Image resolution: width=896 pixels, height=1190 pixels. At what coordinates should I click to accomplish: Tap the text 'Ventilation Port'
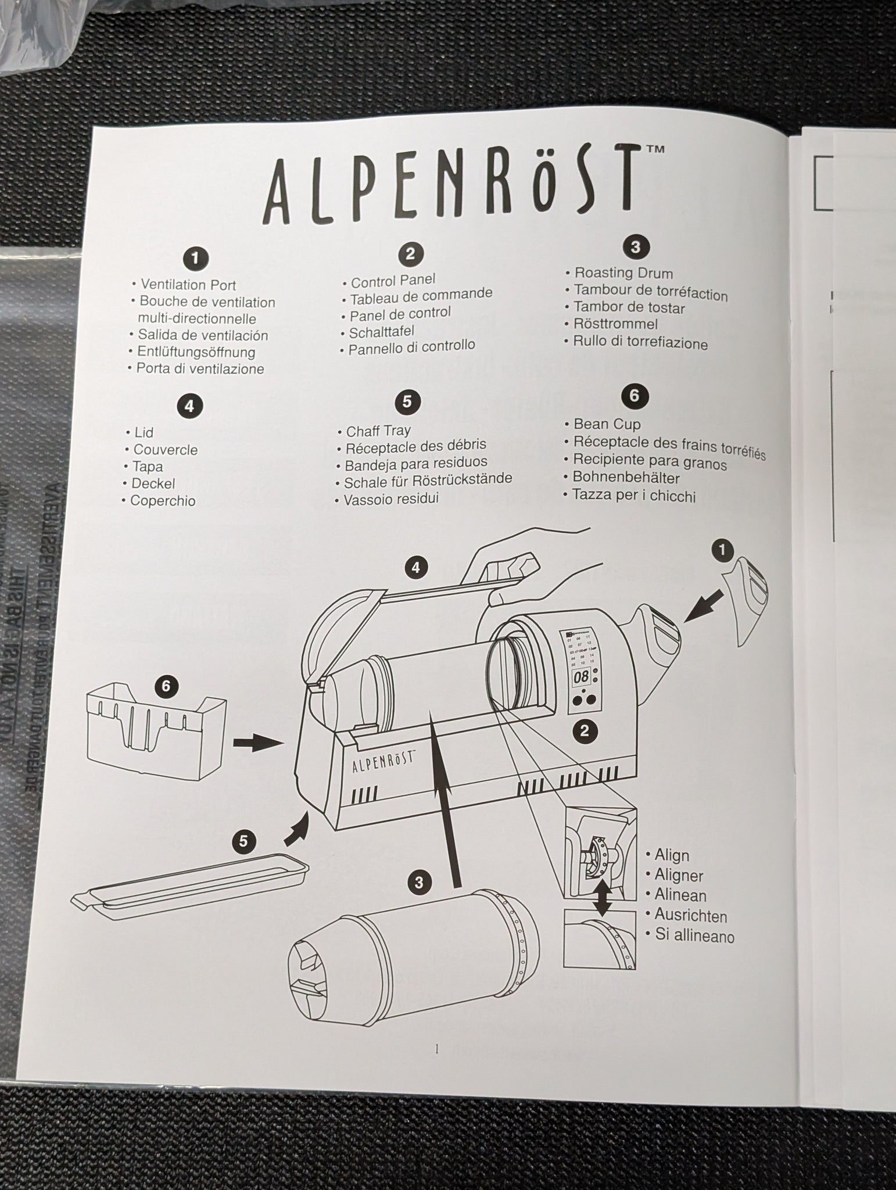click(x=188, y=285)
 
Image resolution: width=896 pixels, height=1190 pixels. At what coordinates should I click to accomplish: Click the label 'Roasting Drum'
click(x=623, y=273)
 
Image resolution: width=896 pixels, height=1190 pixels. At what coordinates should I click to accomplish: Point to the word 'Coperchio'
click(x=163, y=501)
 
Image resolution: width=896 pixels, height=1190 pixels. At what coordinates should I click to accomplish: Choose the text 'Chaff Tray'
click(x=378, y=431)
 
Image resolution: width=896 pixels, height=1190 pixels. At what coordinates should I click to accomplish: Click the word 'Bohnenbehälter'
click(x=626, y=478)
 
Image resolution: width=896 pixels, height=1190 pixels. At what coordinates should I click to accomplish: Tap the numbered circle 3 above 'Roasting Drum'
click(x=635, y=247)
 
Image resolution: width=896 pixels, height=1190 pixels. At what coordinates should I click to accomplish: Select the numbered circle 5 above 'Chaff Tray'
click(x=407, y=402)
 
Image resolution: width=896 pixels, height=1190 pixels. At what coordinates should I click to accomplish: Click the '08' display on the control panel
click(x=581, y=677)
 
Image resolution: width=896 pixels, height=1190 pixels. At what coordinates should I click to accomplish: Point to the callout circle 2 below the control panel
click(x=585, y=731)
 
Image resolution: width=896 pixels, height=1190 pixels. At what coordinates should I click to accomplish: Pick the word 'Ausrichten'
click(x=690, y=916)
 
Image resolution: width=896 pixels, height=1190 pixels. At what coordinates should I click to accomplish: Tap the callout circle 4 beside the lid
click(x=415, y=567)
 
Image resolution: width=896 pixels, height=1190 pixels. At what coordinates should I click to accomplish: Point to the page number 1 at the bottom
click(x=437, y=1049)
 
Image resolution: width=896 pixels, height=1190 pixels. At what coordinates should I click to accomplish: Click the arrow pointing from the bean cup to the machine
click(x=255, y=743)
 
